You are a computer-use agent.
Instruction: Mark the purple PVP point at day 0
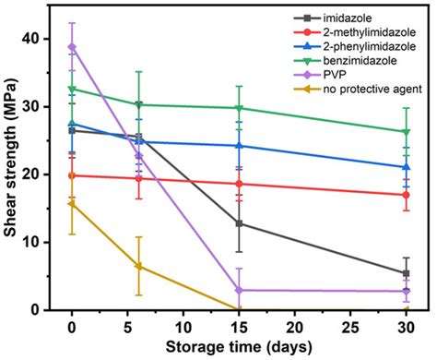point(72,46)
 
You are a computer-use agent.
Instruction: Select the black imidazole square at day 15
point(239,223)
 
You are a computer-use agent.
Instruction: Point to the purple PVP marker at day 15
point(239,290)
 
